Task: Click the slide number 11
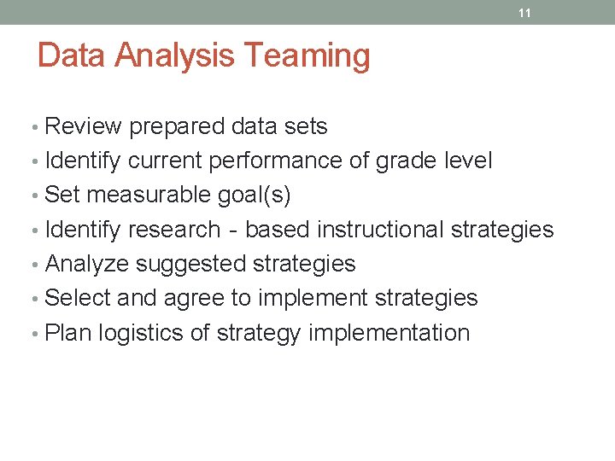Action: (525, 14)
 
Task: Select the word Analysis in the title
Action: (176, 55)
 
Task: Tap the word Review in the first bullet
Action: (84, 126)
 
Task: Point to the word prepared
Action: (177, 127)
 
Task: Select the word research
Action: (173, 230)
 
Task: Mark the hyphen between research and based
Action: (232, 230)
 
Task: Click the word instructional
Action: (380, 230)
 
